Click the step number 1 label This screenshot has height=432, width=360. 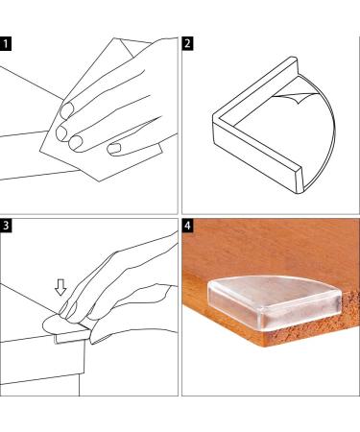tap(6, 44)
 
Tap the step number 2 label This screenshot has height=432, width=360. tap(187, 43)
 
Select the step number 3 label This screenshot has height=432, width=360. tap(6, 226)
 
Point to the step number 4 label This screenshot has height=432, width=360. tap(187, 226)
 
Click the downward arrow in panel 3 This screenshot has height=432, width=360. tap(60, 287)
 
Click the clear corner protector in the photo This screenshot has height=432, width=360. tap(275, 302)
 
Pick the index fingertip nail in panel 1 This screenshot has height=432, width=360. tap(67, 110)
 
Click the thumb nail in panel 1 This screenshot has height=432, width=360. tap(113, 148)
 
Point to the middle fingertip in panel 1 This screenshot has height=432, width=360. tap(61, 132)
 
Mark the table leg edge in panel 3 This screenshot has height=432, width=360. tap(80, 384)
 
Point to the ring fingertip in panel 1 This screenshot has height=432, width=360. tap(76, 143)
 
